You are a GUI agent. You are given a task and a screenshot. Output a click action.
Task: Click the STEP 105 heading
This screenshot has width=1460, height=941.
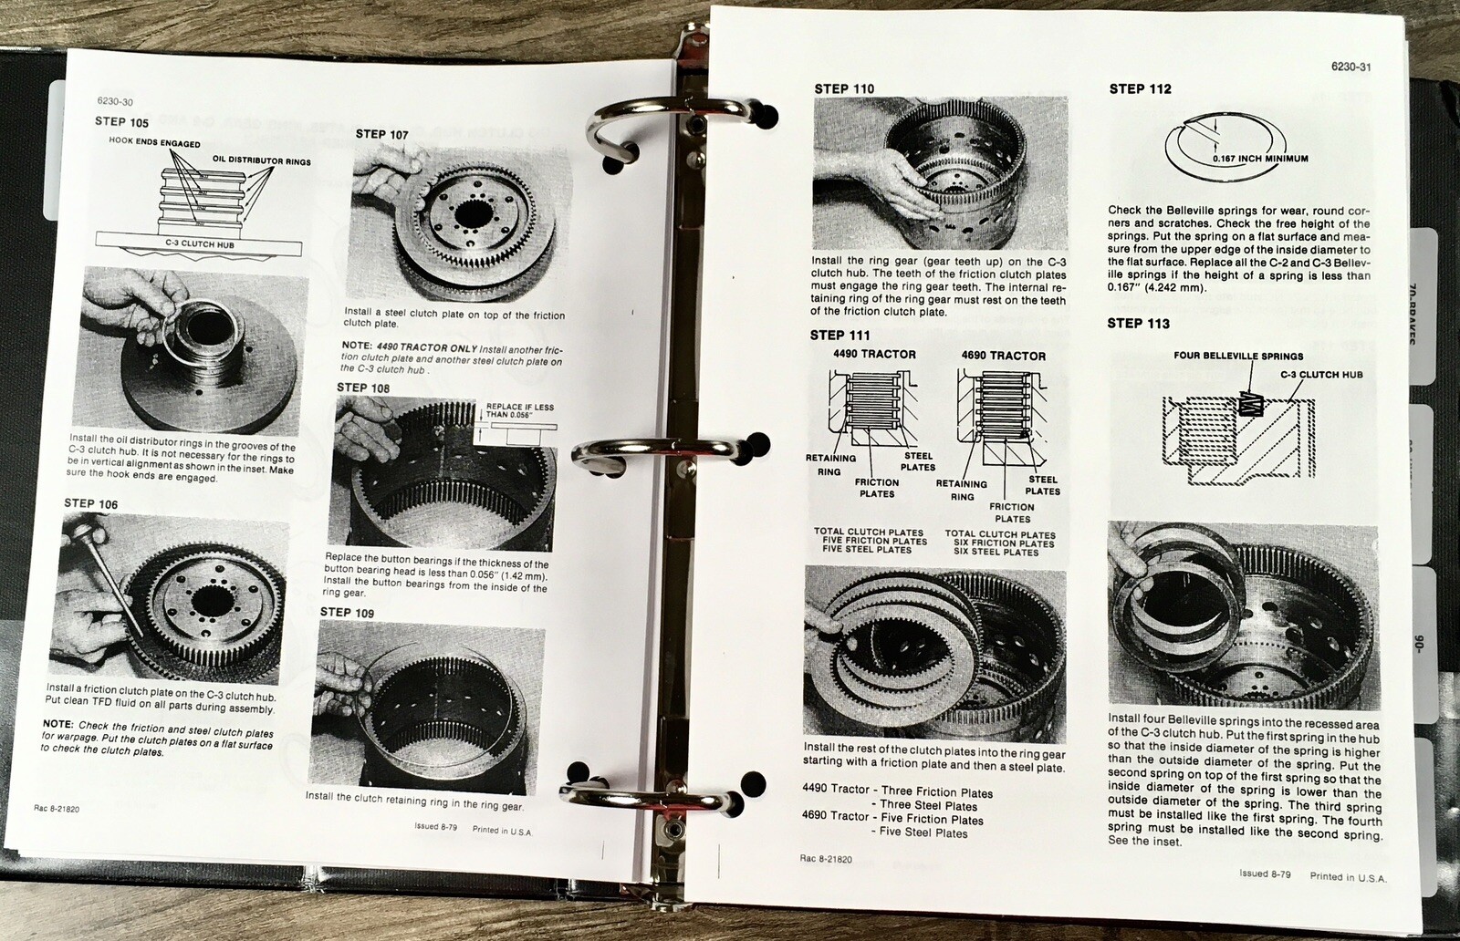point(122,121)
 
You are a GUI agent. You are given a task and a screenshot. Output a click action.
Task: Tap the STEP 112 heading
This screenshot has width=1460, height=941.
point(1140,88)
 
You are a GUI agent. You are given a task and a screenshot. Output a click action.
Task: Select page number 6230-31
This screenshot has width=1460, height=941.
point(1351,67)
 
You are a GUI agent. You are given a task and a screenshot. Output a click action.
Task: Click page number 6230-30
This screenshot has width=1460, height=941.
point(115,102)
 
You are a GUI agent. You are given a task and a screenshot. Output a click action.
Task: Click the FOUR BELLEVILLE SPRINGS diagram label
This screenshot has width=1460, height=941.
point(1238,356)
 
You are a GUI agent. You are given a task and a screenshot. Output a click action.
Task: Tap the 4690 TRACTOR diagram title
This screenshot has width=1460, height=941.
point(1003,356)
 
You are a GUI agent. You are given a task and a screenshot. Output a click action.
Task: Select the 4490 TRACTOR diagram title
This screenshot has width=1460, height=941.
point(874,354)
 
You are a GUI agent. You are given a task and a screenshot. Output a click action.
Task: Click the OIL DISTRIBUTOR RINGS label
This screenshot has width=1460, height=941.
point(262,161)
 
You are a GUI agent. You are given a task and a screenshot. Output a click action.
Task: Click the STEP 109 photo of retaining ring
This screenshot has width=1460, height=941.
point(428,706)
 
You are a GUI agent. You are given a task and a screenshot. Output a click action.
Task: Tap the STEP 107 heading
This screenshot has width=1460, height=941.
point(381,134)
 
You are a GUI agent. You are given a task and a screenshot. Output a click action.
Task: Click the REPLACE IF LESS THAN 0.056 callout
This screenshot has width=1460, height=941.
point(520,410)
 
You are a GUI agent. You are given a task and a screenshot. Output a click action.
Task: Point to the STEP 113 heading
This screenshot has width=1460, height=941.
point(1138,323)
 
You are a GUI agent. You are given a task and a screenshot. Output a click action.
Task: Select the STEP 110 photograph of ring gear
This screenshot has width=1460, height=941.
point(940,173)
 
